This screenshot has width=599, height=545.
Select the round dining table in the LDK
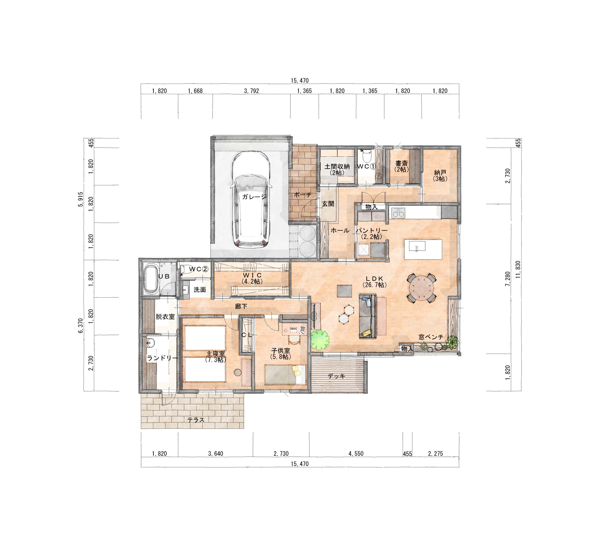[x=421, y=288]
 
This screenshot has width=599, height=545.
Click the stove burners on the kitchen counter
[x=398, y=213]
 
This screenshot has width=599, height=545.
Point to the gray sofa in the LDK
[x=368, y=316]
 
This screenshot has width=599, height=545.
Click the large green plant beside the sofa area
[x=320, y=340]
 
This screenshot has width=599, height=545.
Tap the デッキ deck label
[x=337, y=376]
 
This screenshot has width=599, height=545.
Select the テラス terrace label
[x=196, y=420]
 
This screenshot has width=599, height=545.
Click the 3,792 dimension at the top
[x=251, y=91]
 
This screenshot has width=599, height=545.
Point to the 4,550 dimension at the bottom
[x=356, y=454]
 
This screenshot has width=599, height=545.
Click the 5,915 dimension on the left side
[x=80, y=200]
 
